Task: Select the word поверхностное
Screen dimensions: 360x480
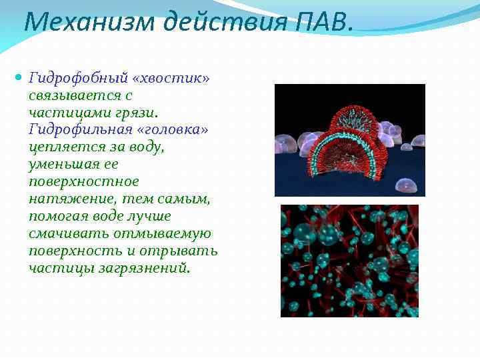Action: tap(84, 181)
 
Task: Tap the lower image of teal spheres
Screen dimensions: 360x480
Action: tap(349, 261)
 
